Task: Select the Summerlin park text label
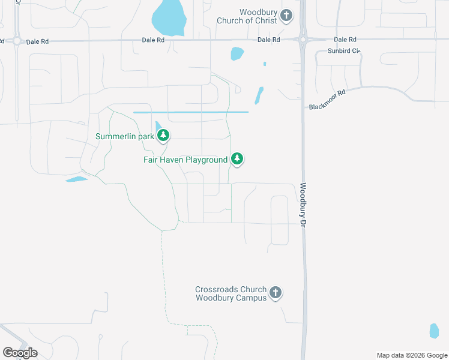tap(125, 136)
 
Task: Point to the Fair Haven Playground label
tap(185, 160)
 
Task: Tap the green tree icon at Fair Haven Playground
tap(238, 159)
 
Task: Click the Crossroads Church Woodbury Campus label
tap(231, 293)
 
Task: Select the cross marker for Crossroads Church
tap(276, 293)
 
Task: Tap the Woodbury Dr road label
tap(304, 205)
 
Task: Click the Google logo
tap(20, 353)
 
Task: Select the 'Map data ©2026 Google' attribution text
tap(412, 355)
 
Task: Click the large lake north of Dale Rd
tap(168, 17)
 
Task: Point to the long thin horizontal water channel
tap(190, 112)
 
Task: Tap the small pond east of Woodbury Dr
tap(434, 331)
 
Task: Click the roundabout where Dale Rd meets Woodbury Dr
tap(303, 40)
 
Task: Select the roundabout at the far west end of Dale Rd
tap(17, 41)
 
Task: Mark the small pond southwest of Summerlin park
tap(76, 179)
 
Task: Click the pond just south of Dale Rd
tap(237, 54)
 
